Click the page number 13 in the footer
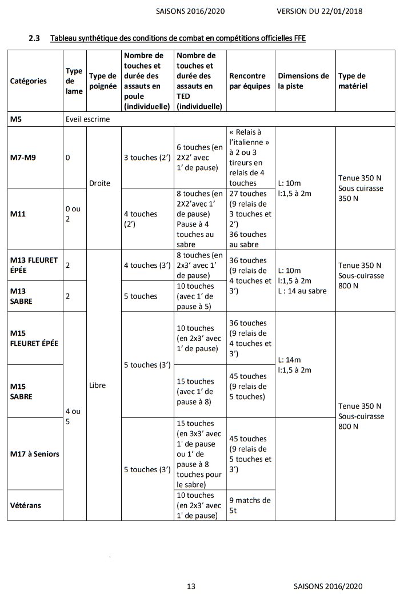pyautogui.click(x=191, y=586)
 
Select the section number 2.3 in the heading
pyautogui.click(x=34, y=38)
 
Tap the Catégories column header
pyautogui.click(x=29, y=81)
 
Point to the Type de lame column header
pyautogui.click(x=74, y=81)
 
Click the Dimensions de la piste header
pyautogui.click(x=303, y=81)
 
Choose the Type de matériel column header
pyautogui.click(x=352, y=81)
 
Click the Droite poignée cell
pyautogui.click(x=99, y=184)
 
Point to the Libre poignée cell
pyautogui.click(x=98, y=385)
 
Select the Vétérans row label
pyautogui.click(x=26, y=505)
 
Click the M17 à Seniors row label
pyautogui.click(x=35, y=453)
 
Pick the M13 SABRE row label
pyautogui.click(x=23, y=296)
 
